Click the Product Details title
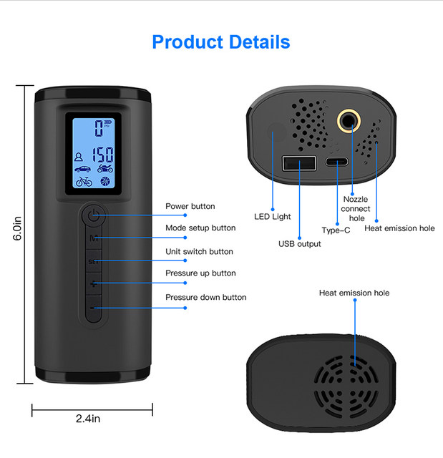coord(221,42)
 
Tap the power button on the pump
coord(93,214)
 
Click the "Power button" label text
coord(190,207)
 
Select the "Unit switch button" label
coord(199,252)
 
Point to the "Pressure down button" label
coord(205,297)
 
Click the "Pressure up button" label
coord(200,273)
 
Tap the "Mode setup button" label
coord(200,228)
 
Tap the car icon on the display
coord(80,168)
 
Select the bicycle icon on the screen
coord(80,180)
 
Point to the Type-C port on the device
coord(336,161)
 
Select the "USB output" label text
coord(299,244)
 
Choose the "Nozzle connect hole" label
coord(356,208)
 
